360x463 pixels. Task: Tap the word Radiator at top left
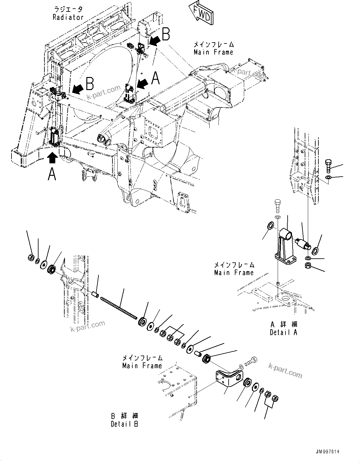coord(68,17)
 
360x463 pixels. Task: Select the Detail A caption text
coord(283,332)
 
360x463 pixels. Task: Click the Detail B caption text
coord(125,424)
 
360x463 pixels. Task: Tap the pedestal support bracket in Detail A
coord(284,245)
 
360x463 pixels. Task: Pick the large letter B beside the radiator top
coord(166,34)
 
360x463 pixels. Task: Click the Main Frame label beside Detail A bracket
coord(234,272)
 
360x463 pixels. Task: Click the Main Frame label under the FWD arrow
coord(213,52)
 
